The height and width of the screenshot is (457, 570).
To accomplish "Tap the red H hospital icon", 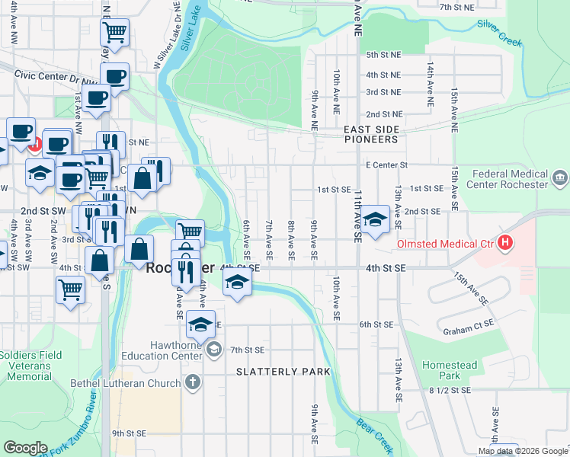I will pos(504,244).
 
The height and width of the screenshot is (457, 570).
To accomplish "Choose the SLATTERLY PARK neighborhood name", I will pos(283,372).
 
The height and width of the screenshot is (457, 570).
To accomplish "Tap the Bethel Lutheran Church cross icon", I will pos(194,382).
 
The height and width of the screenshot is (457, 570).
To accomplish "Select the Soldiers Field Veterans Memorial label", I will pos(26,366).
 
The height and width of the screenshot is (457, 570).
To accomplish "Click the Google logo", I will pos(25,447).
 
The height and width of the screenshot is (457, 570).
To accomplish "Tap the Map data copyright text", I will pos(523,451).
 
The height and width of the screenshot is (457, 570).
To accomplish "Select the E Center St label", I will pos(387,165).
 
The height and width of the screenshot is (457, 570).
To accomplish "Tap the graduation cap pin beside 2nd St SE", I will pos(375,220).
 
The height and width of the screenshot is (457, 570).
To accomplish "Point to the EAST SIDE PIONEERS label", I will pos(370,135).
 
